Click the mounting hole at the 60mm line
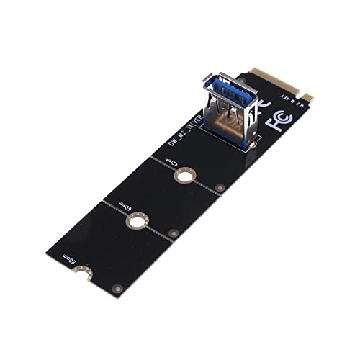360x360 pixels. [135, 219]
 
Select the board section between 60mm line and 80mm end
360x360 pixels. [108, 245]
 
